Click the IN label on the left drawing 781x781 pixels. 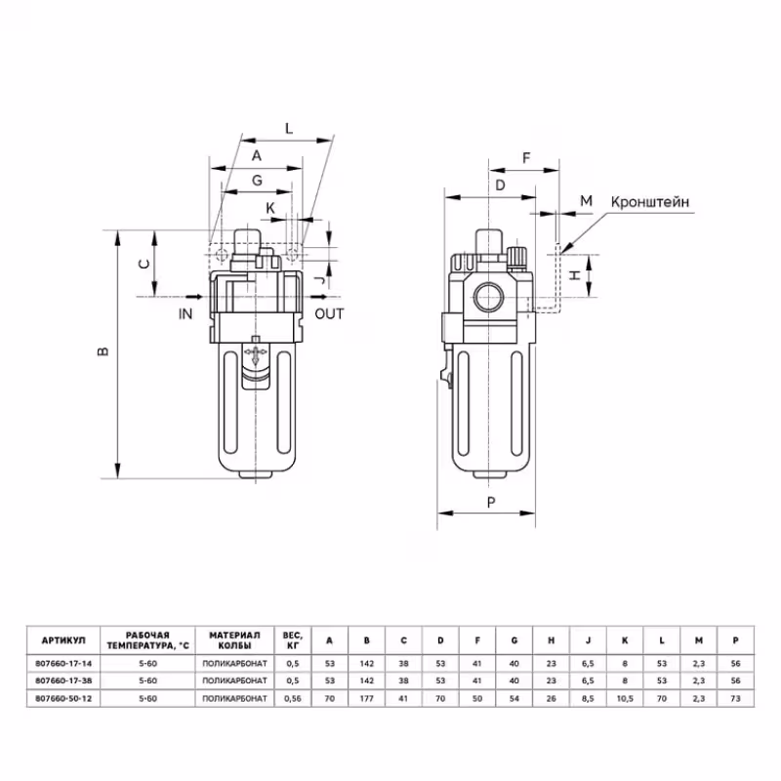click(186, 313)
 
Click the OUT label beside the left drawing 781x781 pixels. click(330, 313)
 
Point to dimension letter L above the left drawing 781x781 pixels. click(288, 128)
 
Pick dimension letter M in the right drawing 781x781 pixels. click(586, 201)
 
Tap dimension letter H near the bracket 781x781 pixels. click(576, 276)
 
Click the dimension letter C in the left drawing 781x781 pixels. click(143, 264)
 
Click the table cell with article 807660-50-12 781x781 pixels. click(62, 699)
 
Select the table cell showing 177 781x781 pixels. click(367, 699)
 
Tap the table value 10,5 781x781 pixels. click(626, 699)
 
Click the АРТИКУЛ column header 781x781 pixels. click(62, 640)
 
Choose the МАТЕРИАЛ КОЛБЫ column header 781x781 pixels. click(231, 640)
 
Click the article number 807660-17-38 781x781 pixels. click(62, 680)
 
